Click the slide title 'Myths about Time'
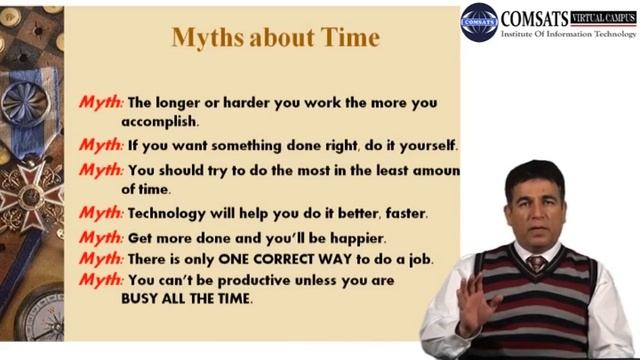[x=276, y=38]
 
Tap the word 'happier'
[x=354, y=238]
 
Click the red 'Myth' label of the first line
[x=102, y=101]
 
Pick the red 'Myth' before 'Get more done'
[x=102, y=238]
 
